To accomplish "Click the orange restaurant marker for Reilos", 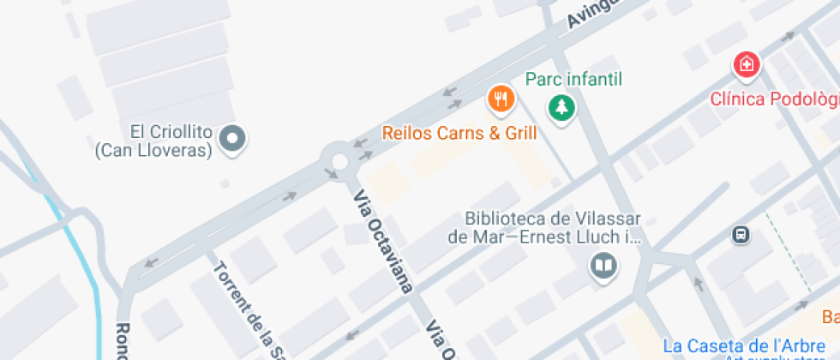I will click(x=501, y=99).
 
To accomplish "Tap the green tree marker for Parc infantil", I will click(x=561, y=107).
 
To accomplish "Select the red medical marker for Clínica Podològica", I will click(x=747, y=64).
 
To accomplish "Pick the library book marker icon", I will click(x=603, y=266).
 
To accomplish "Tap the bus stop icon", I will click(x=741, y=233).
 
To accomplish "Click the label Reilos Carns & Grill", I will click(x=459, y=133).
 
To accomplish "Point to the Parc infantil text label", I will click(x=573, y=80).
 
